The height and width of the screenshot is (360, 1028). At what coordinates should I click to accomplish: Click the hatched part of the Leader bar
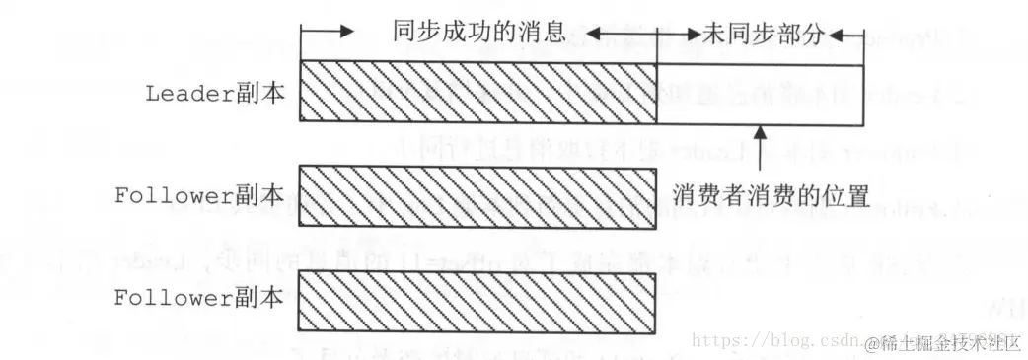pos(478,93)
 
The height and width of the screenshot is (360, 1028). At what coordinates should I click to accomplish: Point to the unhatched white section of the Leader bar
pos(760,93)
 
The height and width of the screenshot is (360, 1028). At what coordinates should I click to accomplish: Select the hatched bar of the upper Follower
pos(478,194)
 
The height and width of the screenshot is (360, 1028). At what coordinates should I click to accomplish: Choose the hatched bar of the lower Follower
pos(478,297)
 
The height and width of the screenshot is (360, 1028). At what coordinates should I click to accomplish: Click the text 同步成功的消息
pos(478,31)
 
